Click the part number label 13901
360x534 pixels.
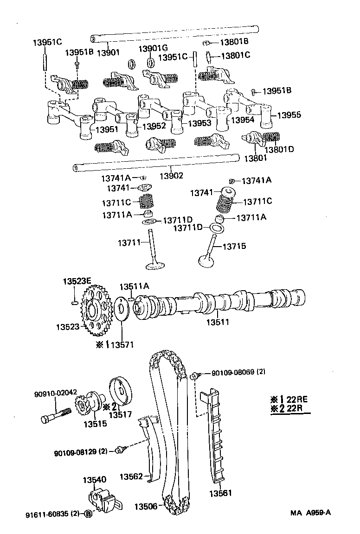coord(107,52)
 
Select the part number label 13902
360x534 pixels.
coord(171,176)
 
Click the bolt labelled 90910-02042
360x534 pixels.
coord(56,414)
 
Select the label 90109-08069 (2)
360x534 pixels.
coord(238,372)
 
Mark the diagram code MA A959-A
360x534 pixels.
coord(311,512)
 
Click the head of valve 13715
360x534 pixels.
coord(205,261)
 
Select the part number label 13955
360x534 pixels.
coord(289,114)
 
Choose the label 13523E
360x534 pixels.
coord(77,282)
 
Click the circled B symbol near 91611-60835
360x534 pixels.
coord(88,514)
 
